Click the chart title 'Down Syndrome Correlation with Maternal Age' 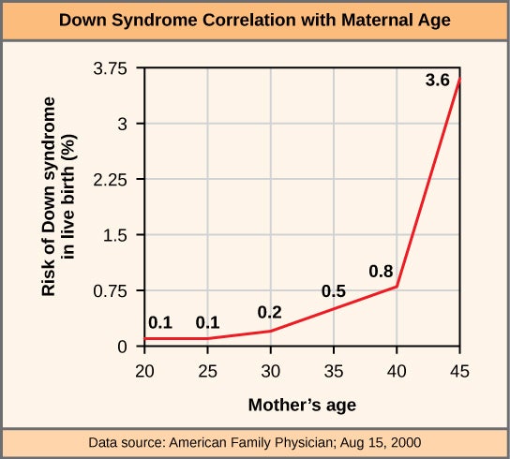pyautogui.click(x=254, y=21)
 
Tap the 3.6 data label pyautogui.click(x=437, y=81)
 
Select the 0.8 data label pyautogui.click(x=381, y=273)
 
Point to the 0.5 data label pyautogui.click(x=334, y=291)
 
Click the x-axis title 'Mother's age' pyautogui.click(x=302, y=406)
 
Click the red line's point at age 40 pyautogui.click(x=397, y=287)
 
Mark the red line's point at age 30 pyautogui.click(x=271, y=331)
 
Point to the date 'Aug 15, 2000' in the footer pyautogui.click(x=380, y=441)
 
